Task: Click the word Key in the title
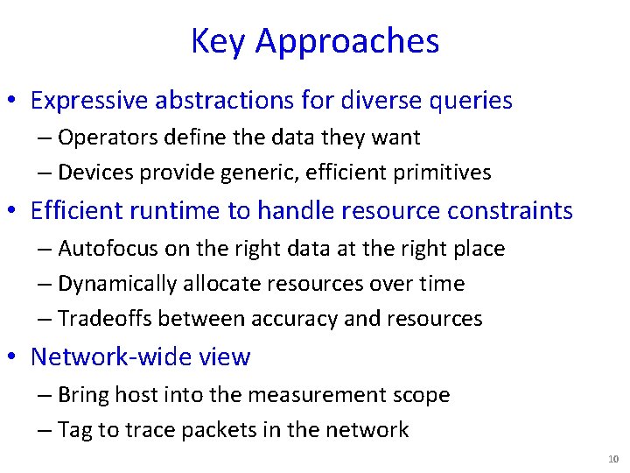tap(219, 41)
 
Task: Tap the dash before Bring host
tap(45, 395)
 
